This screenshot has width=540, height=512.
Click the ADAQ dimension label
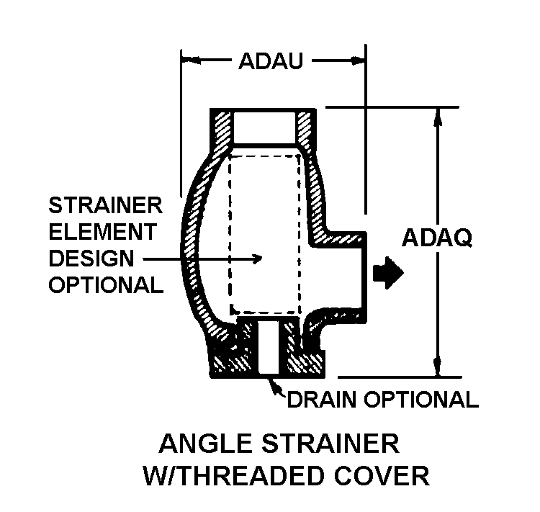click(x=437, y=238)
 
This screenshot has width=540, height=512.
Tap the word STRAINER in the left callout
click(x=105, y=206)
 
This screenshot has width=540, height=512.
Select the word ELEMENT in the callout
click(x=102, y=232)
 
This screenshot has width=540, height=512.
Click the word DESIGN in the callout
click(x=91, y=258)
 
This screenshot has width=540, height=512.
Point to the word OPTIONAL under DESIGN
click(x=105, y=284)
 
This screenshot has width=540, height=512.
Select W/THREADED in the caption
click(x=236, y=476)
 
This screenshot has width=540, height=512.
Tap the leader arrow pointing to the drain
click(x=274, y=386)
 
